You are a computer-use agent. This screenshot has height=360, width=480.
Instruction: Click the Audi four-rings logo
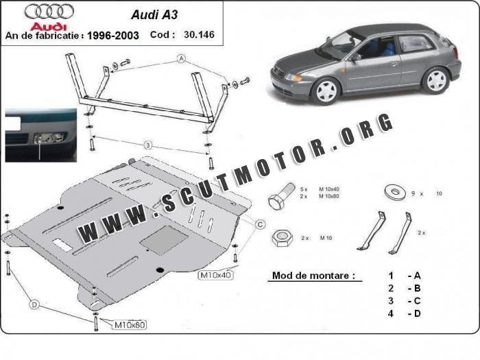click(x=41, y=11)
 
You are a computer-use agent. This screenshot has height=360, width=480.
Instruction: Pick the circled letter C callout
click(x=261, y=224)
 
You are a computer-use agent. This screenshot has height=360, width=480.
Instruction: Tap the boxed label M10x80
click(x=131, y=324)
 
